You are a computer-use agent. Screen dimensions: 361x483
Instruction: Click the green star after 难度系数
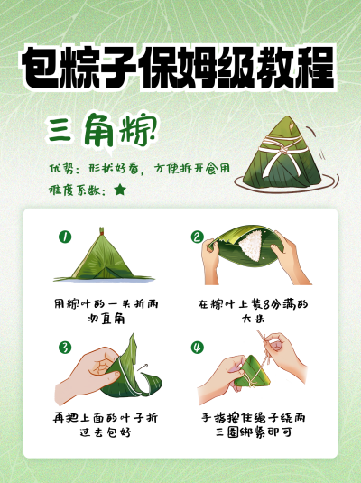(120, 190)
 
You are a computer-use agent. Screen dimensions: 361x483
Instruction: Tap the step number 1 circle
(65, 237)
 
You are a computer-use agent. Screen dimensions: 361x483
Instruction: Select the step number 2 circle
(198, 237)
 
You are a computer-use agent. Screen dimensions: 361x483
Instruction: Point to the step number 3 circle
(65, 348)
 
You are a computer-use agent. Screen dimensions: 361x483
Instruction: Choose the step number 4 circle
(198, 348)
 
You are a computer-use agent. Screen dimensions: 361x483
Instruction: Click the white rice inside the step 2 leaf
(251, 245)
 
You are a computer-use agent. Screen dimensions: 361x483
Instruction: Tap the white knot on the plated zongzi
(283, 149)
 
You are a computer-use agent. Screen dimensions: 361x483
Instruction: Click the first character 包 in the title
(41, 69)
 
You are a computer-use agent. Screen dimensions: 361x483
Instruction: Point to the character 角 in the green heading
(99, 130)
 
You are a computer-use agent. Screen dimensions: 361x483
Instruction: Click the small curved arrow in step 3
(143, 367)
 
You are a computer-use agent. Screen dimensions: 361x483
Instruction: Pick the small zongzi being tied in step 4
(252, 371)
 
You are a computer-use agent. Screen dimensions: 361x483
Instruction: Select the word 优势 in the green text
(61, 169)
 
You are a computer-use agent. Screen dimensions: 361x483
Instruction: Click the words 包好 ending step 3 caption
(119, 432)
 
